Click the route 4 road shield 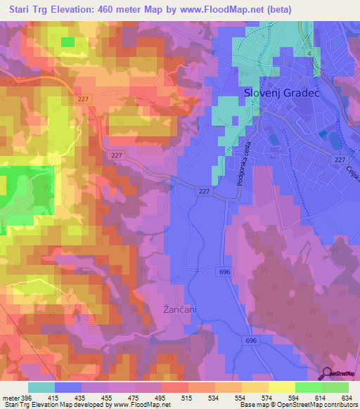pos(308,53)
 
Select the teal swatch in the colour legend pos(41,387)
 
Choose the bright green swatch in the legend pos(308,387)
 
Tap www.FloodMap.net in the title pos(224,9)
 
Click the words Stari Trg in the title pos(28,9)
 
